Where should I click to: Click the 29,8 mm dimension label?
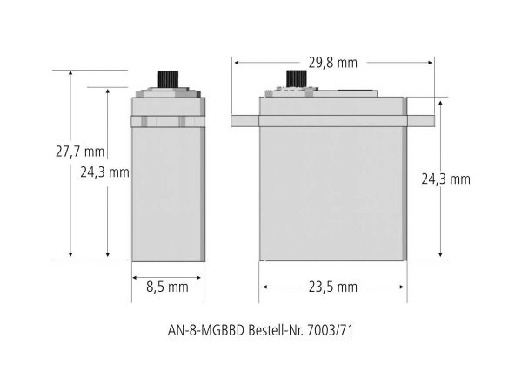[x=332, y=63]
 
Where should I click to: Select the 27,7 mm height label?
[x=80, y=152]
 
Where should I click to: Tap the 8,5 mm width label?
[x=167, y=287]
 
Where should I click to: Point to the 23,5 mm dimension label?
[x=332, y=287]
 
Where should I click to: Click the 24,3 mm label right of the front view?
[x=445, y=179]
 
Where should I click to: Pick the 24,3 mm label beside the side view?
[x=104, y=172]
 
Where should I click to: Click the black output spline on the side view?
[x=168, y=79]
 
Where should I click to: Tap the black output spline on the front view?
[x=297, y=79]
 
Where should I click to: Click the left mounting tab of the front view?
[x=245, y=121]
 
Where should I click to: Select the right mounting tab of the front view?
[x=421, y=121]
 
